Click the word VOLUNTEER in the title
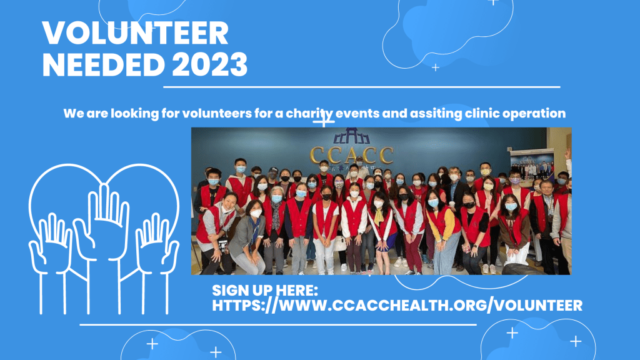click(135, 33)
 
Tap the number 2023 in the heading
click(210, 64)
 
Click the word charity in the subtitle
click(309, 114)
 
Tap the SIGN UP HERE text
click(265, 290)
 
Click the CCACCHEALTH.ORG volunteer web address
click(397, 305)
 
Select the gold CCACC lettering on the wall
click(351, 155)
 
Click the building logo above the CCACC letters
click(351, 136)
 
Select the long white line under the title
click(362, 87)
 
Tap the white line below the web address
click(278, 325)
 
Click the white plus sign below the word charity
click(324, 121)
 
